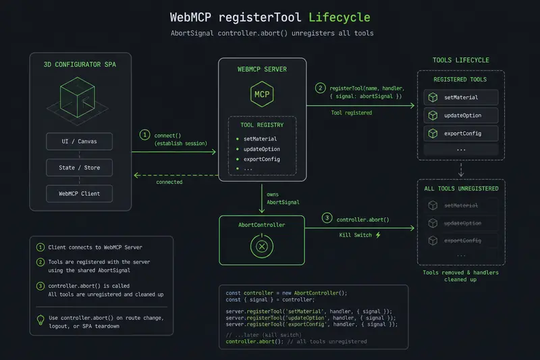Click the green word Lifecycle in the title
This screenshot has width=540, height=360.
point(340,18)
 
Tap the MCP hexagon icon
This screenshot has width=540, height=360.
point(262,94)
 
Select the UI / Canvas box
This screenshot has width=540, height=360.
point(79,141)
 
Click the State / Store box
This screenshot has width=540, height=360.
point(79,168)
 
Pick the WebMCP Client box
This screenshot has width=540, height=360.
point(79,194)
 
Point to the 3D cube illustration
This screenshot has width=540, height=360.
point(78,100)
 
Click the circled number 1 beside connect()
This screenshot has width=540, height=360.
point(144,134)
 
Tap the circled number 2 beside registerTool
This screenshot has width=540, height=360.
point(320,88)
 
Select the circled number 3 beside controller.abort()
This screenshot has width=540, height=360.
point(327,217)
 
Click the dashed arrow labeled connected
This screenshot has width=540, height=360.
point(175,176)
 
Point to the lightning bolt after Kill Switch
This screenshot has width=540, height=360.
point(378,235)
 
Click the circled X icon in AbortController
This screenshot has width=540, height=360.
point(262,247)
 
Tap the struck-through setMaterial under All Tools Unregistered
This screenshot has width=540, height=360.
point(461,205)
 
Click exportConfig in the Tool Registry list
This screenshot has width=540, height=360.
point(262,159)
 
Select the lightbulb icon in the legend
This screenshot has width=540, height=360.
point(40,320)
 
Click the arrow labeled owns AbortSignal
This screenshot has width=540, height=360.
point(262,199)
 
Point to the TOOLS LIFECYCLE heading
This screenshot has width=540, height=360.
point(461,60)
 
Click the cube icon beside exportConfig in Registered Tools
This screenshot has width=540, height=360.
point(433,133)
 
